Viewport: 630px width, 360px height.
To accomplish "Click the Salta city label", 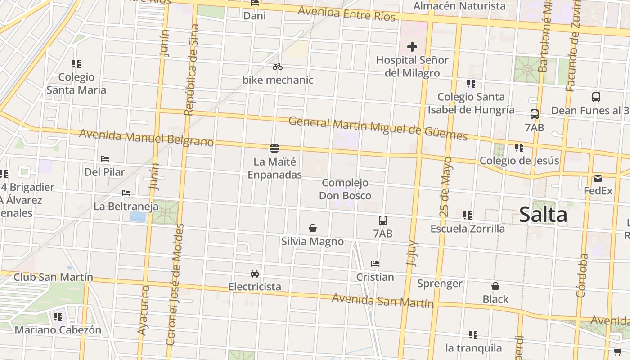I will pyautogui.click(x=543, y=215).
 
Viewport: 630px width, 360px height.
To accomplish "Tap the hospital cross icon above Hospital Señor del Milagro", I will pyautogui.click(x=412, y=46).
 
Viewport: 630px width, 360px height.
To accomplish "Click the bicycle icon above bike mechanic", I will pyautogui.click(x=278, y=67).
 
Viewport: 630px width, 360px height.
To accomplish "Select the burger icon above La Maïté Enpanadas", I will pyautogui.click(x=274, y=148).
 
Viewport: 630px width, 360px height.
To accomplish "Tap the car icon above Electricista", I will pyautogui.click(x=255, y=273).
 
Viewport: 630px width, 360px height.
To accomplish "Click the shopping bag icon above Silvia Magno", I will pyautogui.click(x=313, y=228).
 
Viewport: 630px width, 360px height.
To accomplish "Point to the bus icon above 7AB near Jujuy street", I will pyautogui.click(x=383, y=220).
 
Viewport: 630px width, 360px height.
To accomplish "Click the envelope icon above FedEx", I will pyautogui.click(x=598, y=178).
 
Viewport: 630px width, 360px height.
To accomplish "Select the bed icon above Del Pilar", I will pyautogui.click(x=105, y=158).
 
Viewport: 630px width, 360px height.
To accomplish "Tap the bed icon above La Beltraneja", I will pyautogui.click(x=126, y=193).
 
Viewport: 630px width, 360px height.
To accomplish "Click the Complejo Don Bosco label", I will pyautogui.click(x=345, y=189).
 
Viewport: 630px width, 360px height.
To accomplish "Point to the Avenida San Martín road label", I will pyautogui.click(x=382, y=300).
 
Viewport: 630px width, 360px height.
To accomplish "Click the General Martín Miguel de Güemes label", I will pyautogui.click(x=378, y=128).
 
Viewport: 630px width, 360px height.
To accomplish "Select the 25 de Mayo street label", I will pyautogui.click(x=445, y=187).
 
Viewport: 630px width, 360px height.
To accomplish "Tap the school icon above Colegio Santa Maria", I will pyautogui.click(x=76, y=64).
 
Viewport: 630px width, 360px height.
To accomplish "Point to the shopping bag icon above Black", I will pyautogui.click(x=495, y=286).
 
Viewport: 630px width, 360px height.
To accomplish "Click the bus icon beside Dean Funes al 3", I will pyautogui.click(x=596, y=97).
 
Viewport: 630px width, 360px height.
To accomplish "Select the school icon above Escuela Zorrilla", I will pyautogui.click(x=468, y=216).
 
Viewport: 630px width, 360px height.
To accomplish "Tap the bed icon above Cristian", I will pyautogui.click(x=375, y=263).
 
